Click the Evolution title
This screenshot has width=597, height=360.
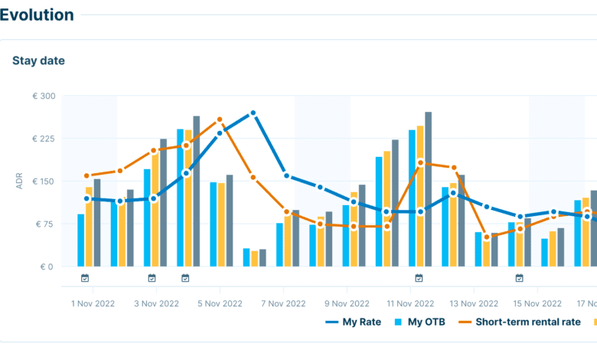point(37,15)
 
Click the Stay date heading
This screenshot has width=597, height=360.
point(38,61)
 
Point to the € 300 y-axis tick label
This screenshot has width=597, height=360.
point(43,96)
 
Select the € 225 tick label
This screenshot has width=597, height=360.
point(43,139)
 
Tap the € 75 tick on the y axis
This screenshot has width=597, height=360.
point(44,224)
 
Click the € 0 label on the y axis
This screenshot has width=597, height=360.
point(47,267)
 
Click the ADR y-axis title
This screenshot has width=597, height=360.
point(19,182)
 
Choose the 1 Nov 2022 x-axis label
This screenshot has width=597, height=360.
point(93,304)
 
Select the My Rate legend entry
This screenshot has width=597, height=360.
point(354,322)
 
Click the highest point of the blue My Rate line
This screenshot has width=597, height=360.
point(253,113)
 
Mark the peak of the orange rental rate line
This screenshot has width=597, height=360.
point(220,119)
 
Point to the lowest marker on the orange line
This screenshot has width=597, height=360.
point(486,237)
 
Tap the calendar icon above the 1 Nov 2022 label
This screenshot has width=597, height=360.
point(85,278)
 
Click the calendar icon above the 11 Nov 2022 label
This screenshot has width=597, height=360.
point(419,278)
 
